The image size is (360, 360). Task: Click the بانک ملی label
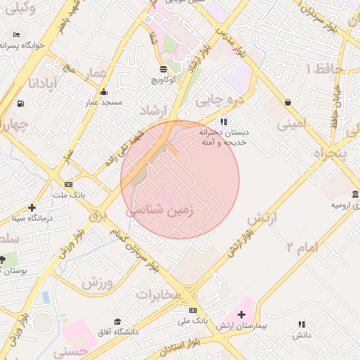coord(193,321)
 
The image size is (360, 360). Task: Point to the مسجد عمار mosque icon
coord(104,91)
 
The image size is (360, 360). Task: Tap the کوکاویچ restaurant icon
coord(164,69)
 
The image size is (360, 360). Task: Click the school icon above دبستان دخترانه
coord(224,122)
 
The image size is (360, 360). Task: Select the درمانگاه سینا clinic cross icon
coord(32,207)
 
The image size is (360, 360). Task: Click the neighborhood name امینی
coord(292,124)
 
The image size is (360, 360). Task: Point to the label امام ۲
coord(302,246)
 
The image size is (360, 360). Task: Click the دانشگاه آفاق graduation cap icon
coord(117,321)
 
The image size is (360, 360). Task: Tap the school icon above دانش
coord(302,324)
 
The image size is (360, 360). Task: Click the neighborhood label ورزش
coord(97,283)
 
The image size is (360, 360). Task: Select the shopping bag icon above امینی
coord(288,102)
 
